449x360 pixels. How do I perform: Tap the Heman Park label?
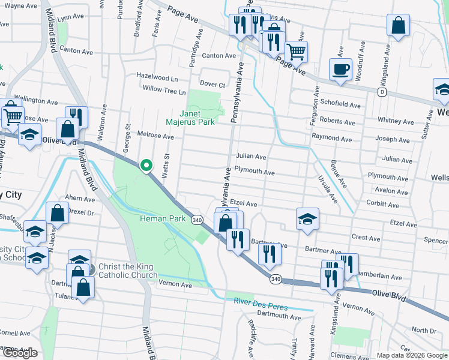coord(162,219)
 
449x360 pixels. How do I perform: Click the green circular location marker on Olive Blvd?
coord(145,166)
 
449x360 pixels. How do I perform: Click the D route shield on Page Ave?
coord(382,92)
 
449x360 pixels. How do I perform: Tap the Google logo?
coord(19,353)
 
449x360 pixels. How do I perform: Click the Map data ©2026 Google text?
coord(412,355)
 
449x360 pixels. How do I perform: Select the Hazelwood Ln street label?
coord(157,79)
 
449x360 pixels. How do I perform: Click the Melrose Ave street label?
coord(155,137)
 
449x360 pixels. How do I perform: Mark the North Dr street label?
coord(424,331)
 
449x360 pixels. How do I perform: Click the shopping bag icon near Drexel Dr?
coord(57,213)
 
